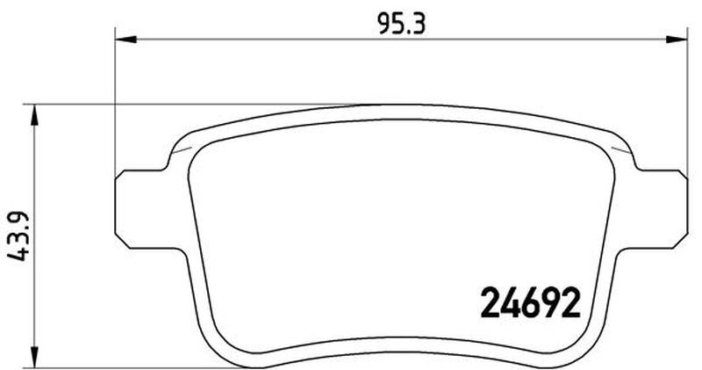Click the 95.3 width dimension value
click(x=401, y=24)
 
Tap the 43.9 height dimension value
click(x=18, y=236)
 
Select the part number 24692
click(x=531, y=302)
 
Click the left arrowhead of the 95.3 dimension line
click(x=125, y=40)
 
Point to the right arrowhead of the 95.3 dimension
click(x=677, y=40)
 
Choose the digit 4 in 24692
click(x=511, y=302)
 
